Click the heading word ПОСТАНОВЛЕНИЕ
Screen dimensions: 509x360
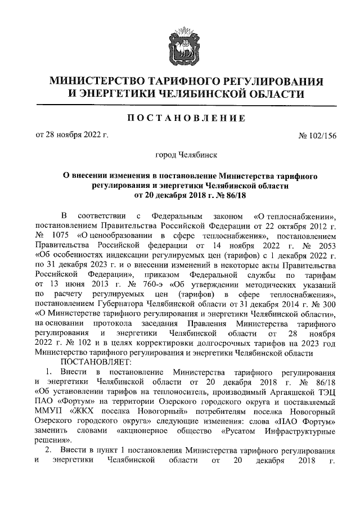point(179,118)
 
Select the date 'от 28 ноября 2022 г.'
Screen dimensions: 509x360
point(71,135)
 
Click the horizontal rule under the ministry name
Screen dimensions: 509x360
point(180,106)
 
